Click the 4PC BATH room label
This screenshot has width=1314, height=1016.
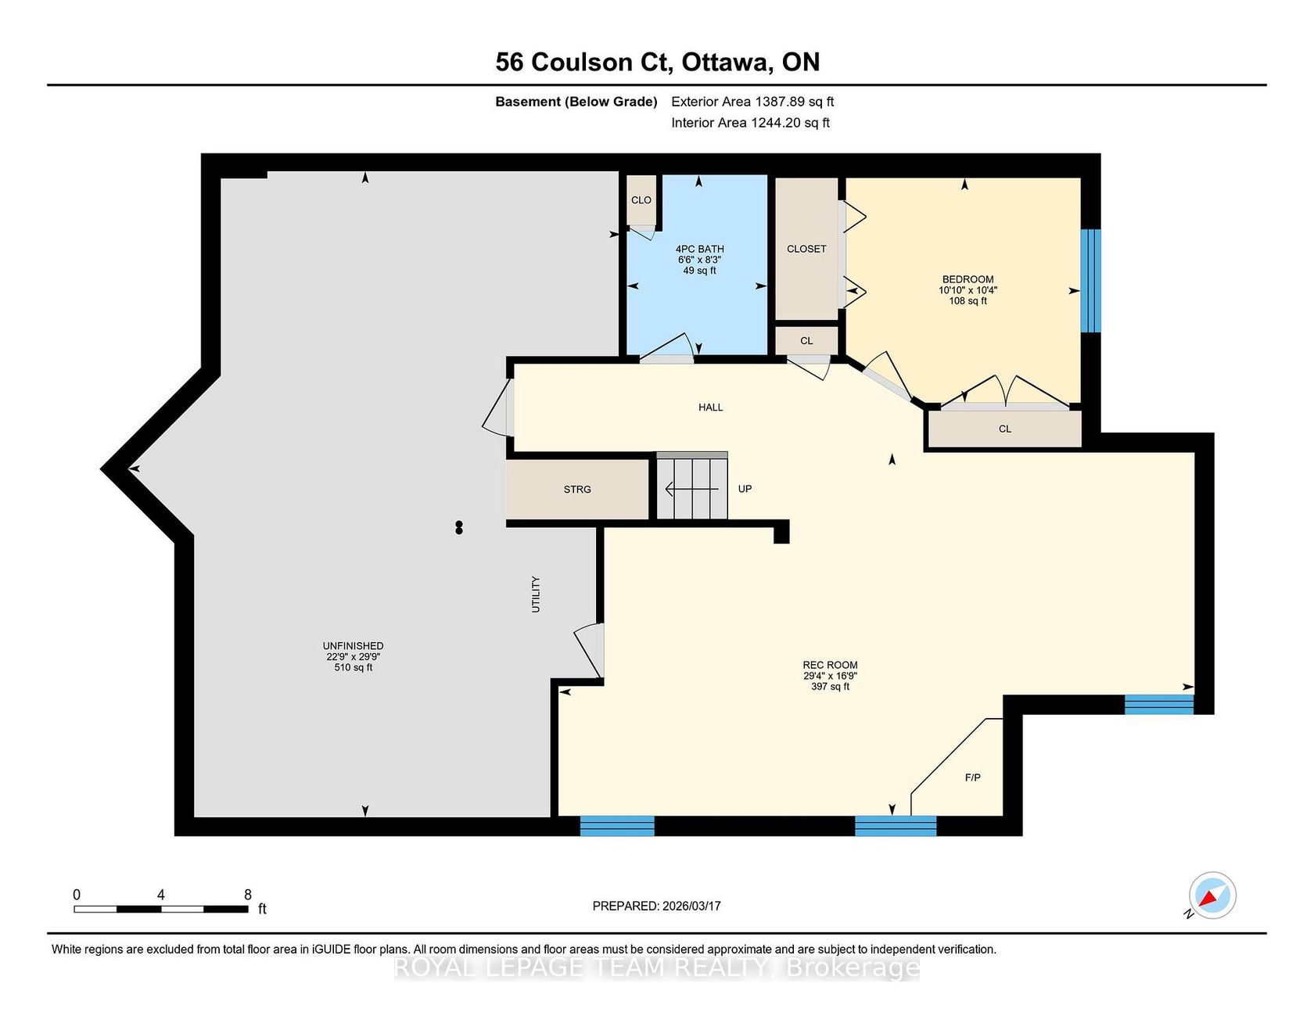(x=700, y=249)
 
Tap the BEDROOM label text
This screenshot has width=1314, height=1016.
(x=968, y=279)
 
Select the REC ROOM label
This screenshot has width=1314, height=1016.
(x=830, y=665)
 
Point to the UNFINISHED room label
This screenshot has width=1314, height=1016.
(x=353, y=646)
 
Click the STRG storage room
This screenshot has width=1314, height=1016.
(x=577, y=489)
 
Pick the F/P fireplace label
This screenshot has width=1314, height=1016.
(x=972, y=777)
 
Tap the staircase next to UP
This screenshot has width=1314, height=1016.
(x=691, y=486)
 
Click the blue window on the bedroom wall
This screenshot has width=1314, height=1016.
(x=1090, y=280)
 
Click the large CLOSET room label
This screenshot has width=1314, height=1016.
(x=806, y=249)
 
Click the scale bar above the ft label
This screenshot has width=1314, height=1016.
(x=161, y=909)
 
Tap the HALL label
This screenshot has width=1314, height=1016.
(x=710, y=407)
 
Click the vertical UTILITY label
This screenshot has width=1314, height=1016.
(x=536, y=594)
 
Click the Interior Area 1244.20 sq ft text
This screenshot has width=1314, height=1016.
(x=750, y=123)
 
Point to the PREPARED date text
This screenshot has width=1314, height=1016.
(x=656, y=906)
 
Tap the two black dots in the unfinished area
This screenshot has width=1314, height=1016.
(x=459, y=528)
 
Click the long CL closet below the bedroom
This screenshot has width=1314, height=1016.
(x=1005, y=429)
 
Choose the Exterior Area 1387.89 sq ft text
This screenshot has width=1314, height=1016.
(x=752, y=102)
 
